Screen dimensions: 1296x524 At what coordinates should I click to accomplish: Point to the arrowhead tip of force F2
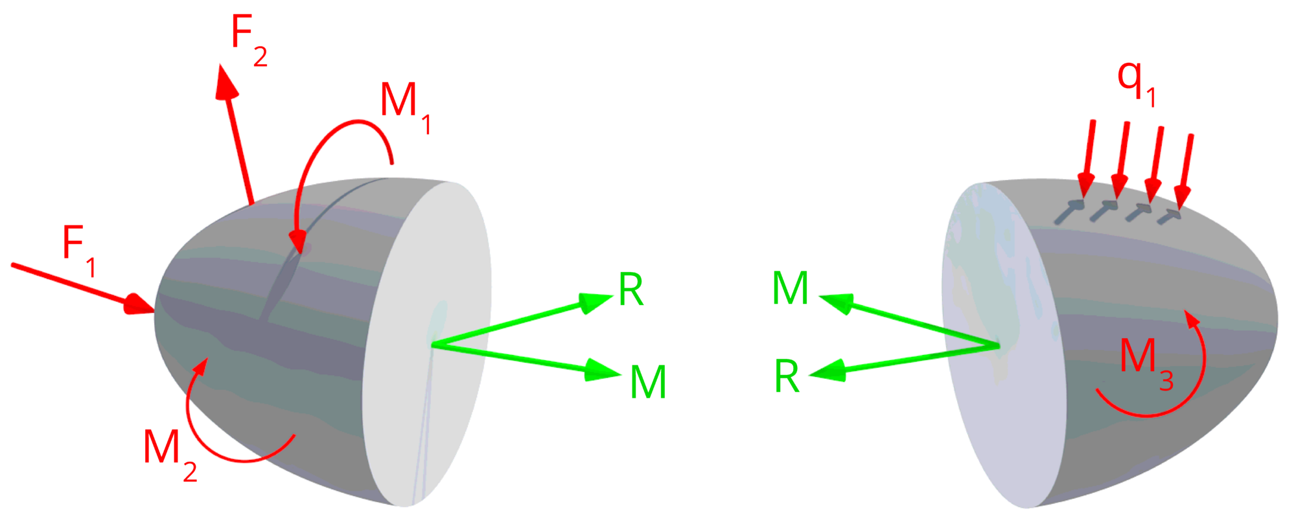click(x=222, y=65)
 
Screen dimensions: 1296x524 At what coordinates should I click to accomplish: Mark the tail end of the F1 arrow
click(x=12, y=264)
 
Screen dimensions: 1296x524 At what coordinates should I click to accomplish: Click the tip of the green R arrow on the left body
click(x=612, y=297)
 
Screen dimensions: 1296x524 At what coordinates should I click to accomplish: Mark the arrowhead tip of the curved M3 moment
click(x=1185, y=310)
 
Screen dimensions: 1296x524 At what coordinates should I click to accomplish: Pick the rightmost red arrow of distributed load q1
click(x=1185, y=171)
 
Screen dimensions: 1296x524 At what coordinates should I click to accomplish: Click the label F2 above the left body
click(x=249, y=40)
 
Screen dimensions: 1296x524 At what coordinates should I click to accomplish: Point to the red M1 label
click(x=406, y=108)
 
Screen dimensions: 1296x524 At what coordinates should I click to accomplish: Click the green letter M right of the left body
click(x=648, y=382)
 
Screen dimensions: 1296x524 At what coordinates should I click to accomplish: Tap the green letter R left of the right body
click(x=787, y=376)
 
